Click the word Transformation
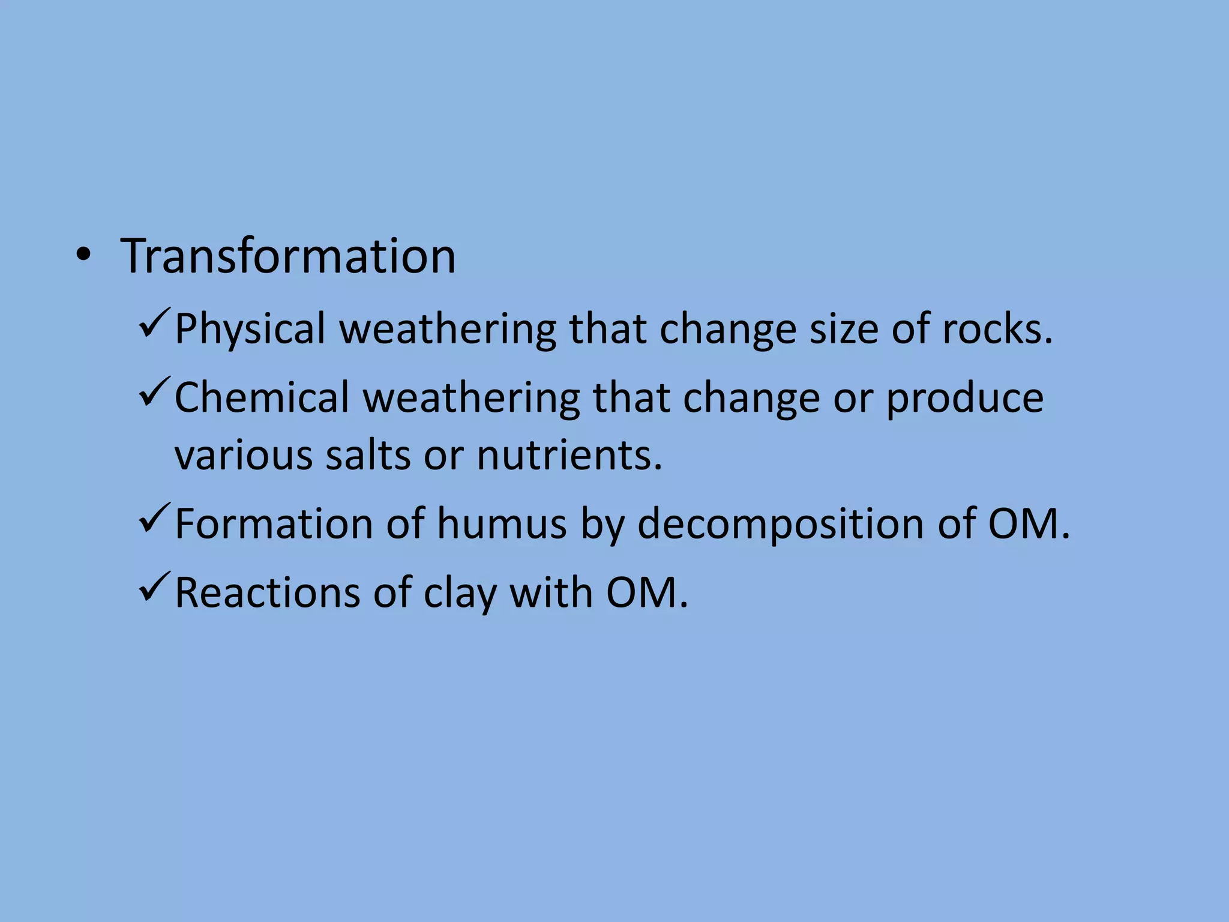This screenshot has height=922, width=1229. click(288, 256)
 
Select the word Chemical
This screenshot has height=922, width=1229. click(261, 398)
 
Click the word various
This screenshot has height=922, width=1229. click(243, 455)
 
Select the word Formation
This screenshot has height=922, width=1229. click(273, 524)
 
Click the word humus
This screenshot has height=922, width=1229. click(501, 524)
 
